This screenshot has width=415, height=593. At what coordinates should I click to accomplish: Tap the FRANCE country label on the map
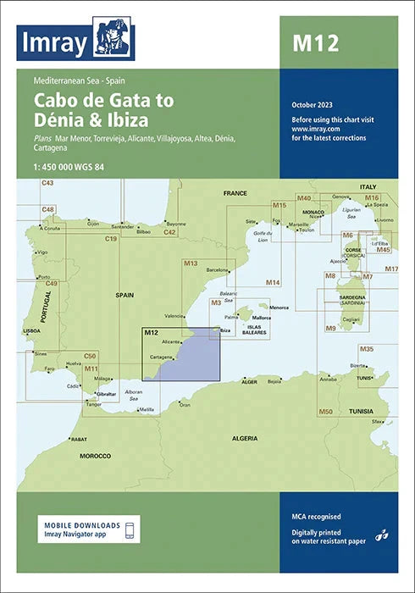coord(235,194)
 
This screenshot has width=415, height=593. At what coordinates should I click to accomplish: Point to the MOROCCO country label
coord(96,456)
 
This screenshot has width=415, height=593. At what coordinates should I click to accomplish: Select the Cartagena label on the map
coord(163,357)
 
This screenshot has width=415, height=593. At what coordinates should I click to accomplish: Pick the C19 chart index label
coord(111,240)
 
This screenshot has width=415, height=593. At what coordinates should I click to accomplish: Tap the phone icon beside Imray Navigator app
coord(130,530)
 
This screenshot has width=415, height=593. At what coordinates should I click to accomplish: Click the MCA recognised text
coord(313,515)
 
